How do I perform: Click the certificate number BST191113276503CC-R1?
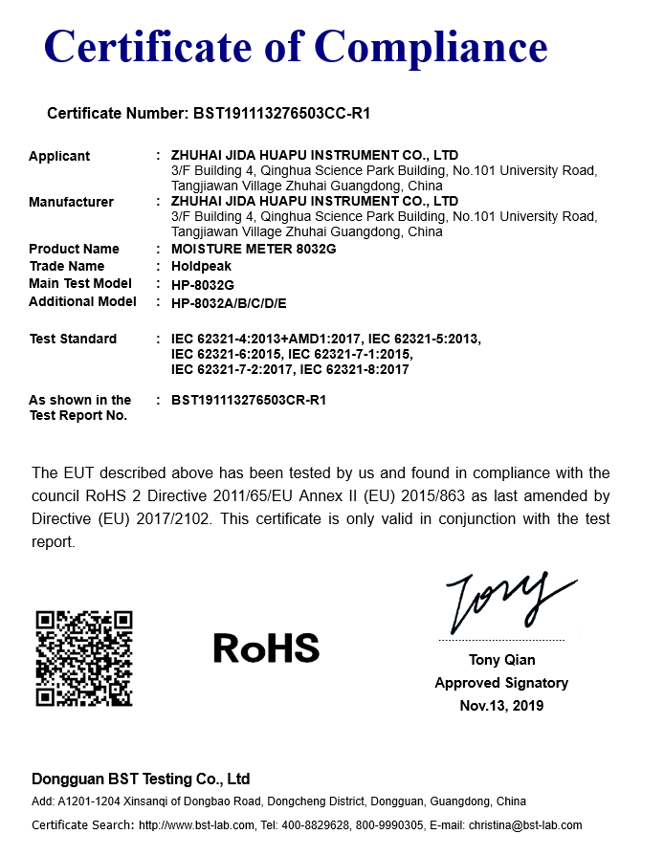pos(282,114)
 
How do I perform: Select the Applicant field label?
pos(59,156)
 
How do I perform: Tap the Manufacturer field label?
pos(71,202)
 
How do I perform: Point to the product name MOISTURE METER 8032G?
pos(254,249)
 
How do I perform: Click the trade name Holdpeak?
pos(199,266)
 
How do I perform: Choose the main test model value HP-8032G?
pos(202,284)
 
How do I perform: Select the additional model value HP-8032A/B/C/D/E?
pos(229,303)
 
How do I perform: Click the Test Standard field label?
pos(73,339)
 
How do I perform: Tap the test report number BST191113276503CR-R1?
pos(249,400)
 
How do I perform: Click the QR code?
pos(84,659)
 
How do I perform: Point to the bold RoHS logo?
pos(266,648)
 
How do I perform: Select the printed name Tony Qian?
pos(501,660)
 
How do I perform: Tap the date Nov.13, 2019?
pos(501,706)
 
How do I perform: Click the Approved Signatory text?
pos(501,683)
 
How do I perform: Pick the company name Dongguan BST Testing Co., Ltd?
pos(141,779)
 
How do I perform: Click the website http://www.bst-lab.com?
pos(196,825)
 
